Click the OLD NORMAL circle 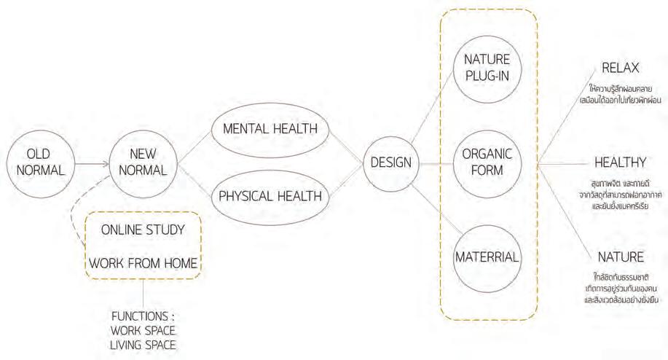[x=37, y=163]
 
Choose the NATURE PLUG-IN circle [x=487, y=66]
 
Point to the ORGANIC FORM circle [x=487, y=163]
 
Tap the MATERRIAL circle [x=487, y=257]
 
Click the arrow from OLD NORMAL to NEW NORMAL [x=88, y=164]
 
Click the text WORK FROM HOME [x=142, y=263]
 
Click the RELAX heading [x=620, y=69]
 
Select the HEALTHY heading [x=621, y=162]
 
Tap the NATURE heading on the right [x=620, y=257]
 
